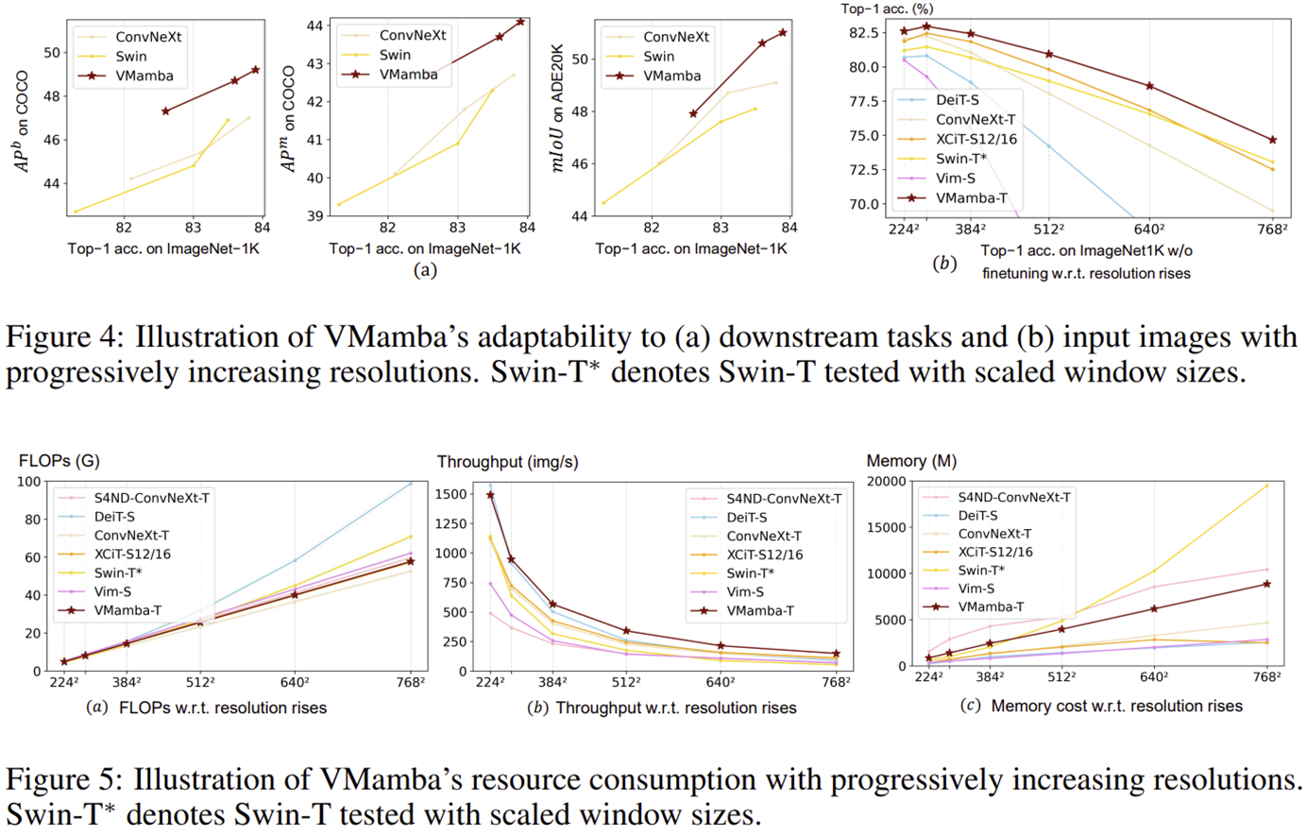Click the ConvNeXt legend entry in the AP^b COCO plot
point(148,37)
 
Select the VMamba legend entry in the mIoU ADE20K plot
point(671,76)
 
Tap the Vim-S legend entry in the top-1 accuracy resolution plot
point(955,178)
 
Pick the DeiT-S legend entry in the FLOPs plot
point(113,517)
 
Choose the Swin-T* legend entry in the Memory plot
point(980,570)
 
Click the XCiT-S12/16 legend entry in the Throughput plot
point(764,554)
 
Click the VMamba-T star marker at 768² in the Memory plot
point(1266,584)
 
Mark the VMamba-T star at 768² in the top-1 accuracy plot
point(1272,140)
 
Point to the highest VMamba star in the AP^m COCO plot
point(520,21)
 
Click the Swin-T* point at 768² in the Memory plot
point(1266,486)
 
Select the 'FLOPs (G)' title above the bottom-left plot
point(59,461)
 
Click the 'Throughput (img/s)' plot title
point(507,462)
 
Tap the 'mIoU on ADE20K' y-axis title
point(558,110)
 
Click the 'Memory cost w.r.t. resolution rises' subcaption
point(1116,706)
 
